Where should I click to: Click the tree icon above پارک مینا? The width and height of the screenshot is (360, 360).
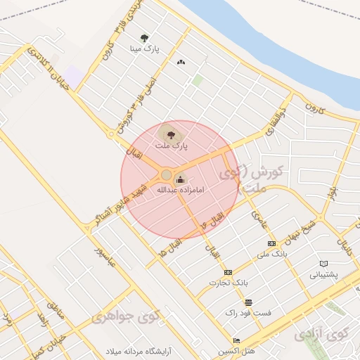144,38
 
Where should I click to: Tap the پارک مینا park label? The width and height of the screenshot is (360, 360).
145,49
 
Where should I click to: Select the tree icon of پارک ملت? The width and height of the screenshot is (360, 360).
169,132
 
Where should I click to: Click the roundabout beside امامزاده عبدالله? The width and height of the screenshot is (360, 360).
166,174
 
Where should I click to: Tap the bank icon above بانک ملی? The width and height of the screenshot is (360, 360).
271,243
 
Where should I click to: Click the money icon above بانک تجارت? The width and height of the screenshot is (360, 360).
228,272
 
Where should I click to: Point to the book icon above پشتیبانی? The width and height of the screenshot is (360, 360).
324,263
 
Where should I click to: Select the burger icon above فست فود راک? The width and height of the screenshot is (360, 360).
247,302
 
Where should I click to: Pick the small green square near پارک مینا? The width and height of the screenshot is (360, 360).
198,80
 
